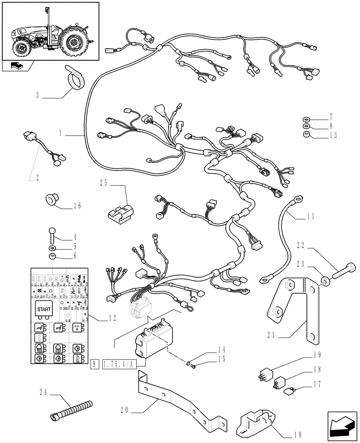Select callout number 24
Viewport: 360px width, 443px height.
click(43, 392)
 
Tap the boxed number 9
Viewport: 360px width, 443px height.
click(94, 365)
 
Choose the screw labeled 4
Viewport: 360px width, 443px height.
click(52, 234)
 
